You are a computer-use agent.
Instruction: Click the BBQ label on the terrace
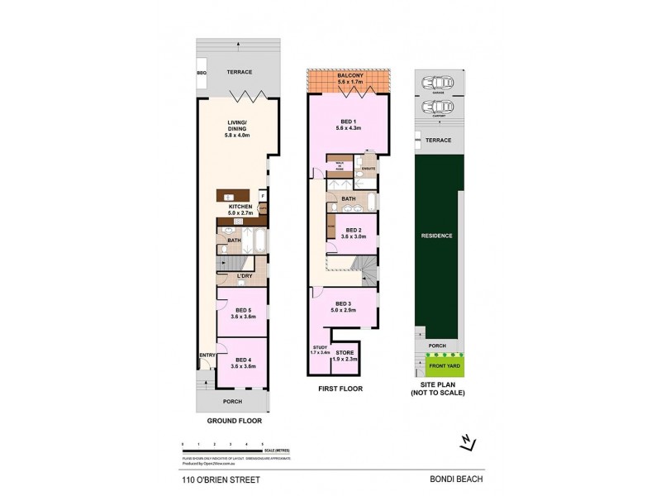pos(202,73)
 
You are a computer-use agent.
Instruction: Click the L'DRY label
pos(245,275)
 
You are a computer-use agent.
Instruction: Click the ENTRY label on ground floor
pos(206,356)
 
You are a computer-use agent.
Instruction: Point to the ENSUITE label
pos(368,169)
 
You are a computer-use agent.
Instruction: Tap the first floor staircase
pos(364,269)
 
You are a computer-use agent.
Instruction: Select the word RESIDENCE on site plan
pos(438,235)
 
